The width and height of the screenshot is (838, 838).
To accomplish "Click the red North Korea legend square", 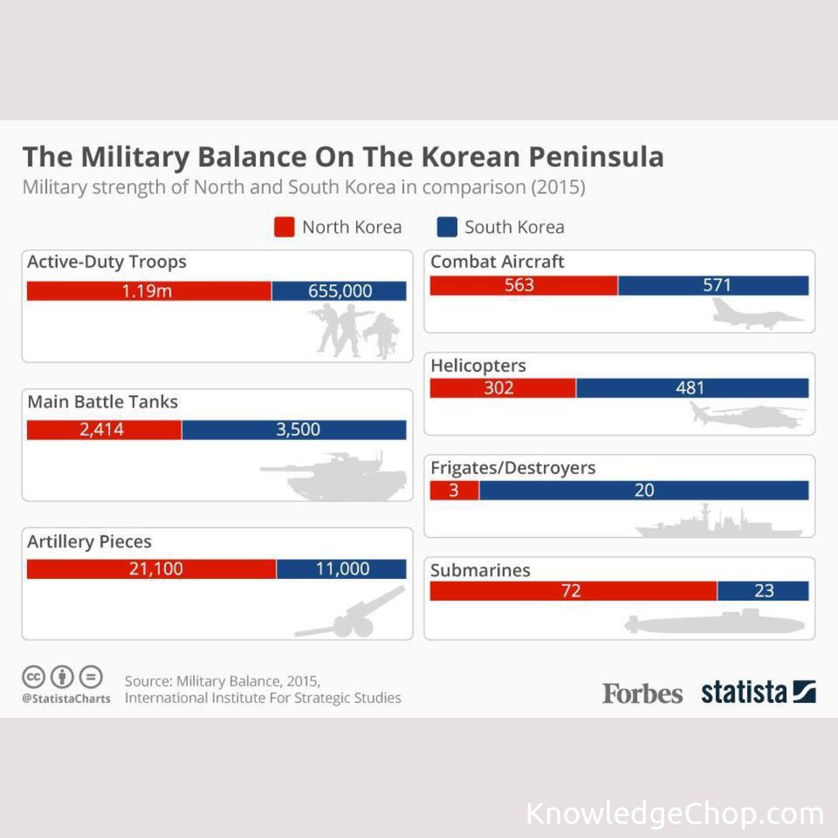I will pyautogui.click(x=285, y=227).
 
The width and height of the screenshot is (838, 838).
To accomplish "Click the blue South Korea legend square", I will pyautogui.click(x=447, y=227).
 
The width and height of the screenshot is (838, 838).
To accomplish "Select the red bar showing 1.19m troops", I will pyautogui.click(x=149, y=291).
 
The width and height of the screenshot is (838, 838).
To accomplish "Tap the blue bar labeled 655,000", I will pyautogui.click(x=339, y=291).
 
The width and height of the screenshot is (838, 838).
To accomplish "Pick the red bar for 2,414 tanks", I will pyautogui.click(x=104, y=430).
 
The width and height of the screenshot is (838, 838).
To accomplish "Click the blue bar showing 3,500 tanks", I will pyautogui.click(x=294, y=430).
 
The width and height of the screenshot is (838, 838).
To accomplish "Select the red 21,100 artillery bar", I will pyautogui.click(x=151, y=569).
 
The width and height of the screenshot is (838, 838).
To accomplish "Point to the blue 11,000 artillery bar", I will pyautogui.click(x=341, y=569).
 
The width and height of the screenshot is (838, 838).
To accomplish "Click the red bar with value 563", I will pyautogui.click(x=524, y=286).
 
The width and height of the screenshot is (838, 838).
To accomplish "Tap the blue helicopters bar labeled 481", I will pyautogui.click(x=692, y=388).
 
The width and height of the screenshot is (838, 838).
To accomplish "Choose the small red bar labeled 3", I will pyautogui.click(x=454, y=490).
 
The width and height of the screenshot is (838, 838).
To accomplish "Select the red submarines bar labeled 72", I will pyautogui.click(x=573, y=591).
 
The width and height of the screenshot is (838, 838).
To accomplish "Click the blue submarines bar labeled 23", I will pyautogui.click(x=763, y=591).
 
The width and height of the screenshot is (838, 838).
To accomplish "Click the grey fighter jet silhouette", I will pyautogui.click(x=757, y=313).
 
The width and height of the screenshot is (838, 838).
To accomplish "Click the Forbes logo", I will pyautogui.click(x=642, y=693).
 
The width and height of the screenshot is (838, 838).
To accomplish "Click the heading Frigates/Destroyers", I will pyautogui.click(x=513, y=469).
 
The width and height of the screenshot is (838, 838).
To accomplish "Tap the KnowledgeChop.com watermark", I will pyautogui.click(x=674, y=815).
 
